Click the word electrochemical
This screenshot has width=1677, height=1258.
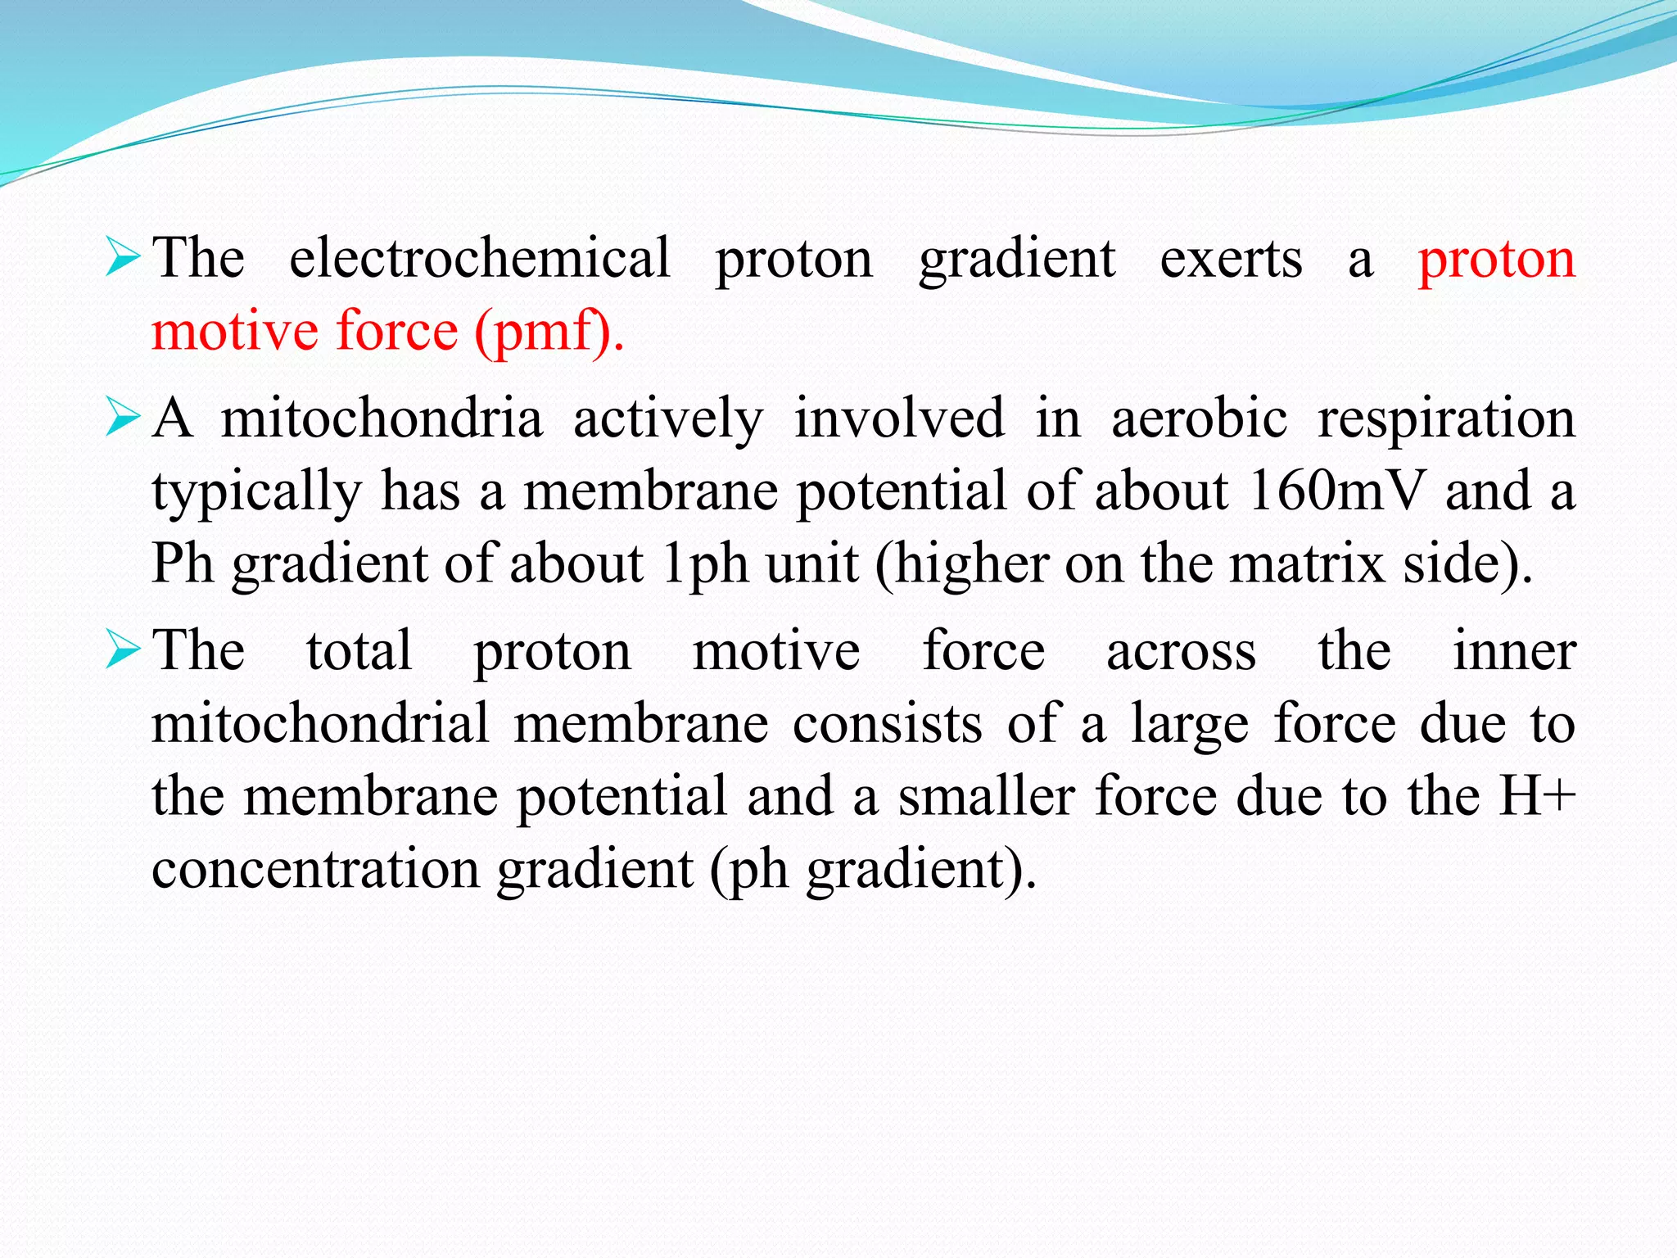[480, 259]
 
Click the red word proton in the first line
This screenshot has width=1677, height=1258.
[1496, 260]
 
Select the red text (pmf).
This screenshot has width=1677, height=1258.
[549, 332]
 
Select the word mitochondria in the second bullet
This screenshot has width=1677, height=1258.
[382, 419]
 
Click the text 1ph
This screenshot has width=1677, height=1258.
[704, 565]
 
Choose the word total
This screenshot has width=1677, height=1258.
[359, 651]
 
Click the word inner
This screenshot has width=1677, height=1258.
[1514, 651]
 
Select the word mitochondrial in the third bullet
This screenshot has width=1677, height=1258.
[320, 723]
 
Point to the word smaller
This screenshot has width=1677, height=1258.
[986, 796]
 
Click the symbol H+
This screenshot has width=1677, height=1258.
[1536, 796]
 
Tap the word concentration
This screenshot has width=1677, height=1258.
[315, 869]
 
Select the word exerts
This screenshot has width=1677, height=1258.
[1231, 259]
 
